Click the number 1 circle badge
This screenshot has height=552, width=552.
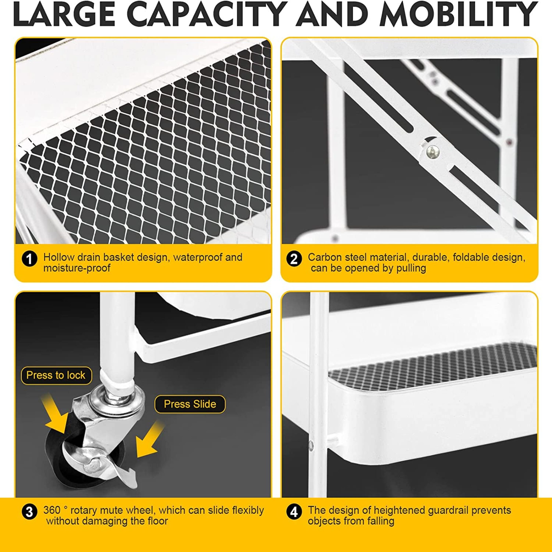[x=29, y=259]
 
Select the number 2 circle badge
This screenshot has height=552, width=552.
[x=294, y=259]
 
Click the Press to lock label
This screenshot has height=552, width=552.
[x=56, y=375]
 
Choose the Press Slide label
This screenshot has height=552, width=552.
[x=190, y=404]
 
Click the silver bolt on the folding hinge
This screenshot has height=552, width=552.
[x=432, y=152]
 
